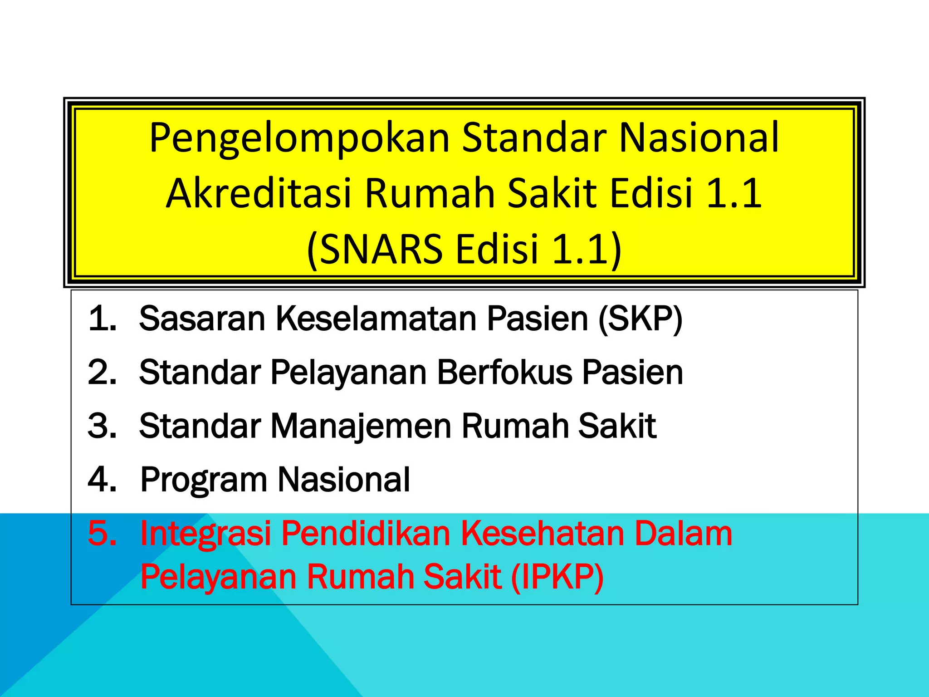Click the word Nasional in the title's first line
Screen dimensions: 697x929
point(699,138)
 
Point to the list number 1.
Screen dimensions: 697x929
point(103,319)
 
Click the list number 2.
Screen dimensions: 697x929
point(103,373)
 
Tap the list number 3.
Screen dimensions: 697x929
point(103,426)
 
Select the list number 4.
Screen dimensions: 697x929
point(103,480)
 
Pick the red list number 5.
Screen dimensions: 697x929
point(103,533)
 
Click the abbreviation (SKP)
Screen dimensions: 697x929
point(640,319)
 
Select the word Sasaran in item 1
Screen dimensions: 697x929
point(202,319)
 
